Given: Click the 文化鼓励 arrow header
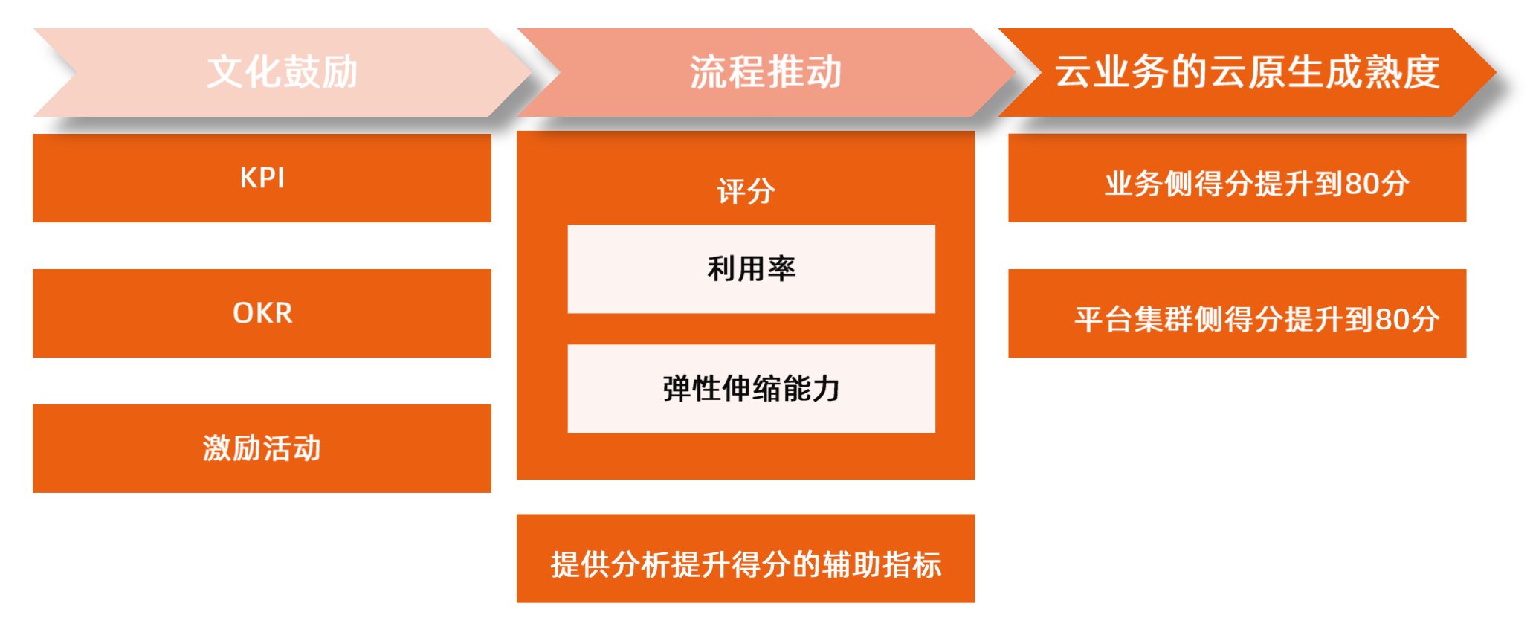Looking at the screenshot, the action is point(283,72).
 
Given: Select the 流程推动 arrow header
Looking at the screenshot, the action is point(766,72).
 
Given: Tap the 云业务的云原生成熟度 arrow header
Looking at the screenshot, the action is point(1247,72).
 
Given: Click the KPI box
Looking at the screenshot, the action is point(262,178).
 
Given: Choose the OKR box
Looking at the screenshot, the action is point(262,313).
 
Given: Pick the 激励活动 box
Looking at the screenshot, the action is point(262,448).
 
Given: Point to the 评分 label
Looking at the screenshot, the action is point(746,191).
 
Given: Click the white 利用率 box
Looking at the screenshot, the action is point(751,268).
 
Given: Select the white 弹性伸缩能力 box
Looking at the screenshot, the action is point(751,388).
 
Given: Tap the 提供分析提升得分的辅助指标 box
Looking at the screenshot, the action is point(746,558).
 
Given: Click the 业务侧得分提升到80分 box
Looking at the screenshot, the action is point(1237,178).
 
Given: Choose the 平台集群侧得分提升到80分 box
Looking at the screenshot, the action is point(1237,313).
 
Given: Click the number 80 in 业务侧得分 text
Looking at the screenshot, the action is point(1362,184).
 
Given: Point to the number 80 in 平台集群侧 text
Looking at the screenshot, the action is point(1392,320).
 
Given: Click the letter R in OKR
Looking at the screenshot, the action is point(283,313).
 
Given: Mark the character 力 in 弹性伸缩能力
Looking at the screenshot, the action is point(826,388).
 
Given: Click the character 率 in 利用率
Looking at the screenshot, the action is point(781,268).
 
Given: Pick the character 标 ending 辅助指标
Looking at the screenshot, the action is point(927,565).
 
